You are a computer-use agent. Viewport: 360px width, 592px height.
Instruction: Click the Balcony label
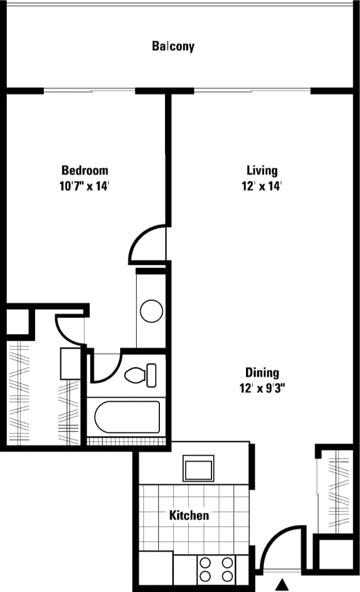[173, 46]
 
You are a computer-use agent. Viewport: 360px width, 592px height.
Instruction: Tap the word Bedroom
[84, 170]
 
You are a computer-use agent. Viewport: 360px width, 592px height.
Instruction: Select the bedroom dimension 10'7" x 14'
[84, 186]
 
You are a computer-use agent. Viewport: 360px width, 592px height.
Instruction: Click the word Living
[262, 170]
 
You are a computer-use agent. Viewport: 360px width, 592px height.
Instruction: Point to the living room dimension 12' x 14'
[262, 186]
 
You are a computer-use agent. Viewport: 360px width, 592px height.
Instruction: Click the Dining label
[262, 373]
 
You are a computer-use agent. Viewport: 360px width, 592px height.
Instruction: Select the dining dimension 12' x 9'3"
[262, 388]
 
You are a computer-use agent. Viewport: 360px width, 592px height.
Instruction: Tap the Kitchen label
[189, 515]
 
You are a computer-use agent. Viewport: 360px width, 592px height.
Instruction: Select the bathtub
[127, 417]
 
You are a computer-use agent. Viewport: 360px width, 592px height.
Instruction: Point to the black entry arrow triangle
[282, 584]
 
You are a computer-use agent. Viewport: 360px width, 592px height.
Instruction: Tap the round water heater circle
[151, 311]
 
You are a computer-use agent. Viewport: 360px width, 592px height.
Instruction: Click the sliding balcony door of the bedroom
[90, 90]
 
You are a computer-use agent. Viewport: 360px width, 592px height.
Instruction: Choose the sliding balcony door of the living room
[252, 90]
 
